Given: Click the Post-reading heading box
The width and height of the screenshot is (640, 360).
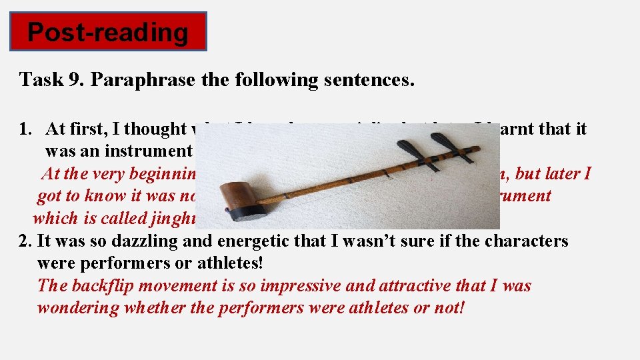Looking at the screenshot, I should (x=108, y=31).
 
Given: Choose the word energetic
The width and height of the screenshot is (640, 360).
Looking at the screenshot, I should (x=238, y=241).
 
